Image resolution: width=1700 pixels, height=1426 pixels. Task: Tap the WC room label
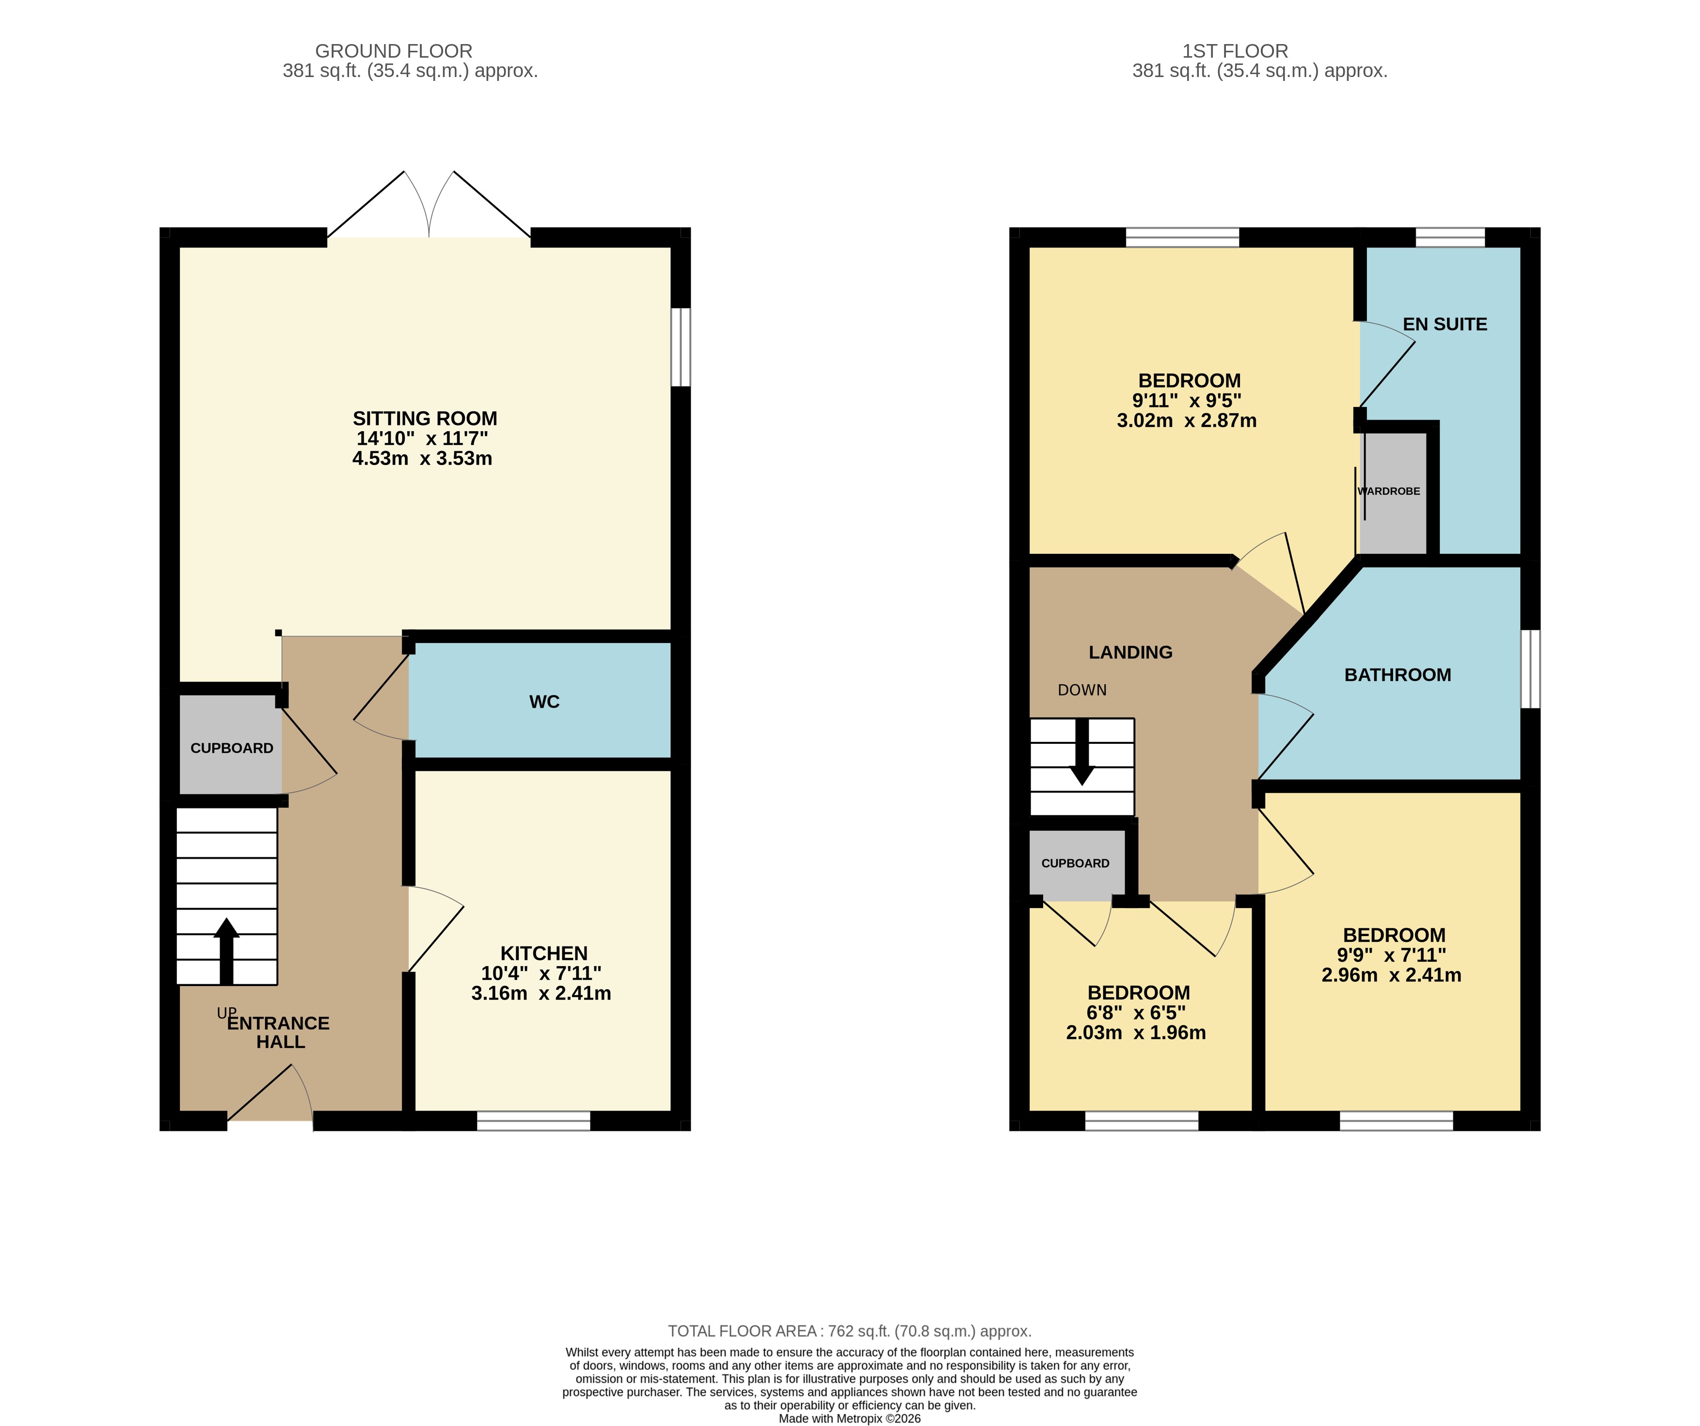point(544,702)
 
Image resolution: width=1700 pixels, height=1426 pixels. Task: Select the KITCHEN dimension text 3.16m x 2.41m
point(541,993)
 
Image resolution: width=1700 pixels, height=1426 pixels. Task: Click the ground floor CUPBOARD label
point(232,748)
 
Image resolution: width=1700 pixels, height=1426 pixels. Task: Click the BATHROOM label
point(1397,675)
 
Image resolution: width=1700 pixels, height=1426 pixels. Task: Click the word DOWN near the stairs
point(1081,690)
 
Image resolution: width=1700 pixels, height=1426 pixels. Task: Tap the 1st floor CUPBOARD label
point(1075,863)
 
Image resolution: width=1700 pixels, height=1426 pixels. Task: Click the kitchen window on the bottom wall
point(534,1120)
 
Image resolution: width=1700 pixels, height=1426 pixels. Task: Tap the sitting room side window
point(681,347)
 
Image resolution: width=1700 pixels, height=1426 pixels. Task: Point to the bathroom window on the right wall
point(1530,669)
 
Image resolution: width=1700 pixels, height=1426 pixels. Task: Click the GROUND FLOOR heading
point(394,51)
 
